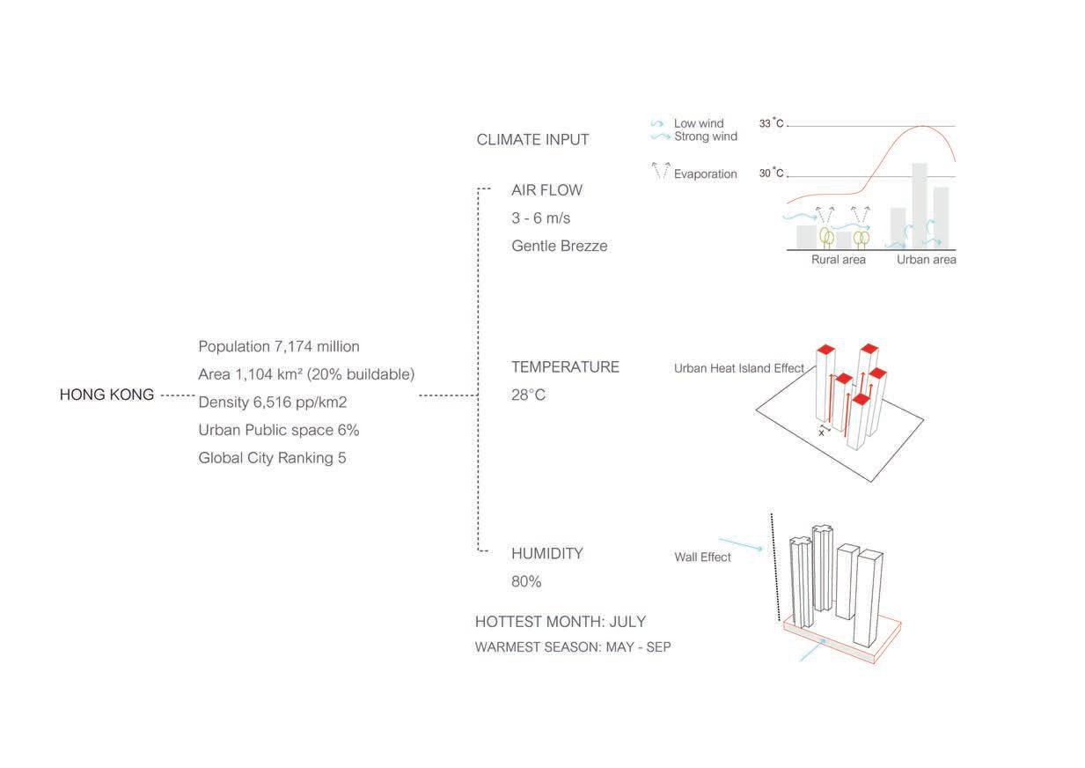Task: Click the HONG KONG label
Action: click(106, 395)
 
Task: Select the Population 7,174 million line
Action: click(279, 347)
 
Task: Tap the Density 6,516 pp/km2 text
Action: click(273, 402)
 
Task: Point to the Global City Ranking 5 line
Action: click(272, 458)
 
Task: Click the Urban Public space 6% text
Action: click(279, 431)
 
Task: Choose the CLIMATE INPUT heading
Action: click(532, 140)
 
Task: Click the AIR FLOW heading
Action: click(546, 190)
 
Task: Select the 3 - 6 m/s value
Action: click(541, 218)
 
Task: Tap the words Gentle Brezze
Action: click(559, 247)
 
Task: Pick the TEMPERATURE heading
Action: click(565, 367)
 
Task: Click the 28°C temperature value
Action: click(528, 395)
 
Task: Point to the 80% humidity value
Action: click(526, 582)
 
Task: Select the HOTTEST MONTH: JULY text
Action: click(561, 622)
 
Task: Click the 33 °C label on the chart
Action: click(771, 124)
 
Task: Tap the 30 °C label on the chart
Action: click(771, 174)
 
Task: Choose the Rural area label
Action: click(838, 261)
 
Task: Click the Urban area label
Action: click(926, 261)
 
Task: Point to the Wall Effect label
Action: click(702, 558)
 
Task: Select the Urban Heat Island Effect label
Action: click(739, 368)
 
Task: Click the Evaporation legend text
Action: click(705, 174)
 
